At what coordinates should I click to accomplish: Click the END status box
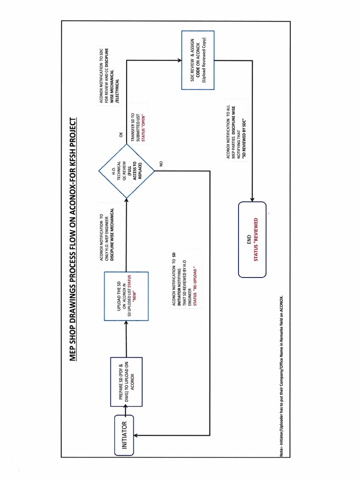252,239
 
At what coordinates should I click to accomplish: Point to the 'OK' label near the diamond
120,135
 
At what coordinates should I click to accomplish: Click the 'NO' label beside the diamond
160,164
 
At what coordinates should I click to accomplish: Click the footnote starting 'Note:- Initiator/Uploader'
281,375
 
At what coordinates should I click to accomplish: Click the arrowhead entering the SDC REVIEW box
180,60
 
